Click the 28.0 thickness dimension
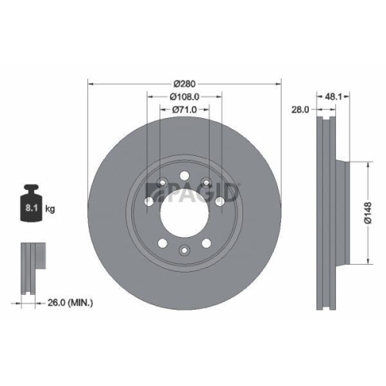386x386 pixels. coord(300,110)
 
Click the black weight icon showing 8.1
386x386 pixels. coord(32,204)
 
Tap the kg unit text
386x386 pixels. coord(50,208)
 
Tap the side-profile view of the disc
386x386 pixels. coord(327,211)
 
